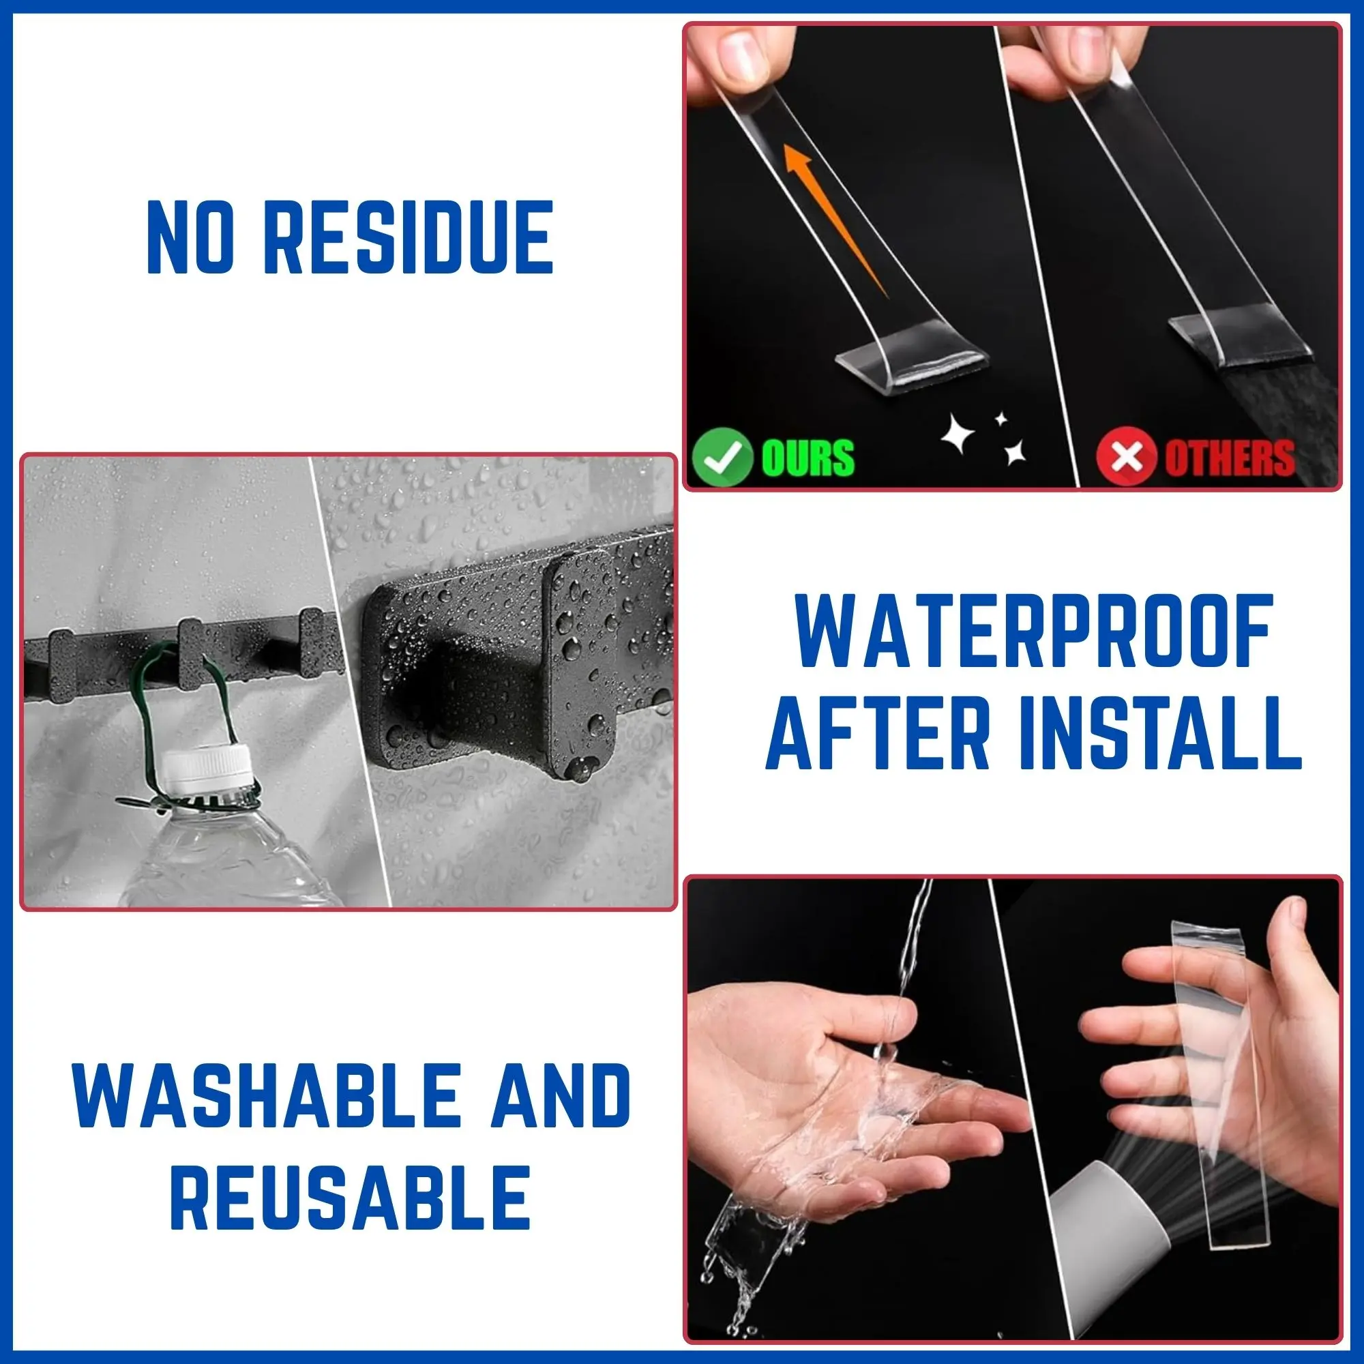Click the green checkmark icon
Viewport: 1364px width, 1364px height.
pos(722,456)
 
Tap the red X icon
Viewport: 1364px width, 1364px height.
pos(1126,457)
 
